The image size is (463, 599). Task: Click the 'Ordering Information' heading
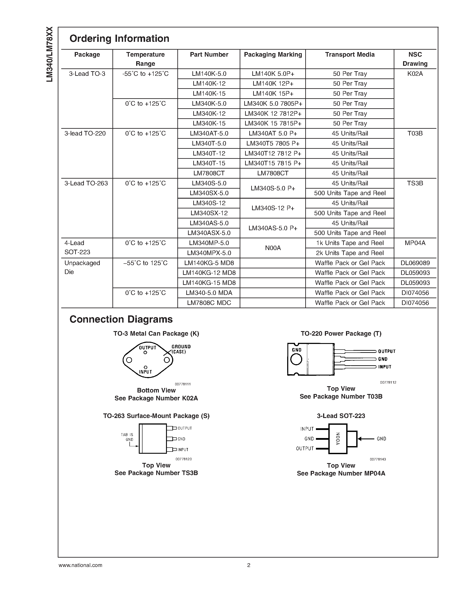coord(119,38)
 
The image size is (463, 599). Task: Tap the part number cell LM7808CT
coord(209,173)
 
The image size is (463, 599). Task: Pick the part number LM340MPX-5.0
coord(209,253)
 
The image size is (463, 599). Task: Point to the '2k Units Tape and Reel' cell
coord(350,253)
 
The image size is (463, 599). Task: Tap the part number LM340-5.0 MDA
coord(209,293)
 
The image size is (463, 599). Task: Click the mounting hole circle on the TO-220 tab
coord(296,359)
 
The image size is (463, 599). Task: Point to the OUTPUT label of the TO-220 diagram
coord(387,351)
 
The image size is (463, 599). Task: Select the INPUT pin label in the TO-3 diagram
coord(145,372)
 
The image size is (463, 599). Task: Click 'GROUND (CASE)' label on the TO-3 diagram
coord(181,349)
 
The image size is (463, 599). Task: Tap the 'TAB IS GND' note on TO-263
coord(127,437)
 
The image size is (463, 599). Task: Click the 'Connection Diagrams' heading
coord(121,319)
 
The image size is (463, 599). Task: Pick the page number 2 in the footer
coord(249,565)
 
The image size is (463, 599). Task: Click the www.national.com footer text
coord(80,565)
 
